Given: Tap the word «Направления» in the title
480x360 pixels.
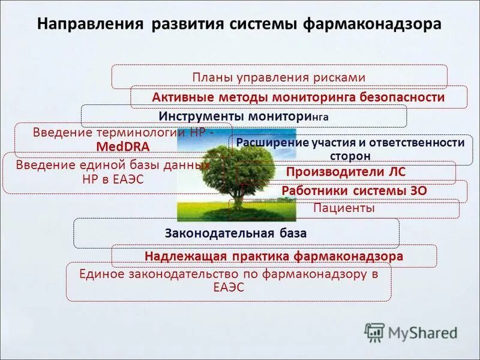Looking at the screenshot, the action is click(91, 25).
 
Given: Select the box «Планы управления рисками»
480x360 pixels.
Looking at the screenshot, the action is click(279, 77).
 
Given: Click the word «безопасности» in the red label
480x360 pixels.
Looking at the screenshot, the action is click(402, 97).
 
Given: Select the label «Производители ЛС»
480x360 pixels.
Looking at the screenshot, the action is click(346, 172).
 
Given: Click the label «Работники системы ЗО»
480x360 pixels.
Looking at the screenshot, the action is click(354, 191).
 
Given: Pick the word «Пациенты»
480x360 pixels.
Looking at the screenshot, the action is click(344, 208).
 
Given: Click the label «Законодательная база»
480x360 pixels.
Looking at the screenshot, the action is click(236, 233).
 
